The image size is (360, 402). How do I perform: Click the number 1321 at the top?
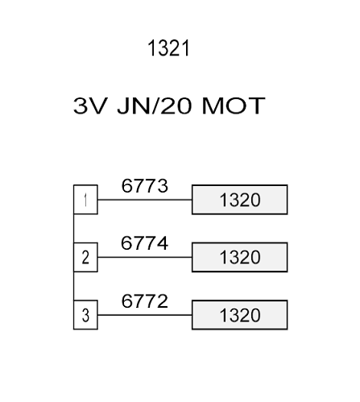(x=168, y=48)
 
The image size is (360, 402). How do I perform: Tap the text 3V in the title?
(x=90, y=106)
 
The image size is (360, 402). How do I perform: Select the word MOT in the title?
(x=234, y=106)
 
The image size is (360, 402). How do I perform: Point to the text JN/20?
(x=155, y=106)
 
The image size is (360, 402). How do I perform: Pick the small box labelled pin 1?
(x=85, y=200)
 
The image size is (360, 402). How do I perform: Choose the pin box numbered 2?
(x=85, y=257)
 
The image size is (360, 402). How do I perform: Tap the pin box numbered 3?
(x=85, y=315)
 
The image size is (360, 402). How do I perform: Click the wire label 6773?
(x=145, y=185)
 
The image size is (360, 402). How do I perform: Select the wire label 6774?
(x=145, y=243)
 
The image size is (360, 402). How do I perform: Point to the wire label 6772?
(x=145, y=300)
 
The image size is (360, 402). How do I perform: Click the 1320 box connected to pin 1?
(x=240, y=200)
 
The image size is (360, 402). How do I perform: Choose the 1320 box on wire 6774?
(x=240, y=257)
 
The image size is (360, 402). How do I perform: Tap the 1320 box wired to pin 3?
(x=240, y=315)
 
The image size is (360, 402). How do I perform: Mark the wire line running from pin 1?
(x=145, y=200)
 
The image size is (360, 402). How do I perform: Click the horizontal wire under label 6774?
(x=145, y=257)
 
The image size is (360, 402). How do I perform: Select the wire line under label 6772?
(x=145, y=315)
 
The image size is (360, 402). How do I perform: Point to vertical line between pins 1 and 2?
(x=74, y=229)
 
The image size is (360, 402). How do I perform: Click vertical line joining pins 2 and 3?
(x=74, y=286)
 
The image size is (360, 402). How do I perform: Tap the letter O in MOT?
(x=235, y=106)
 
